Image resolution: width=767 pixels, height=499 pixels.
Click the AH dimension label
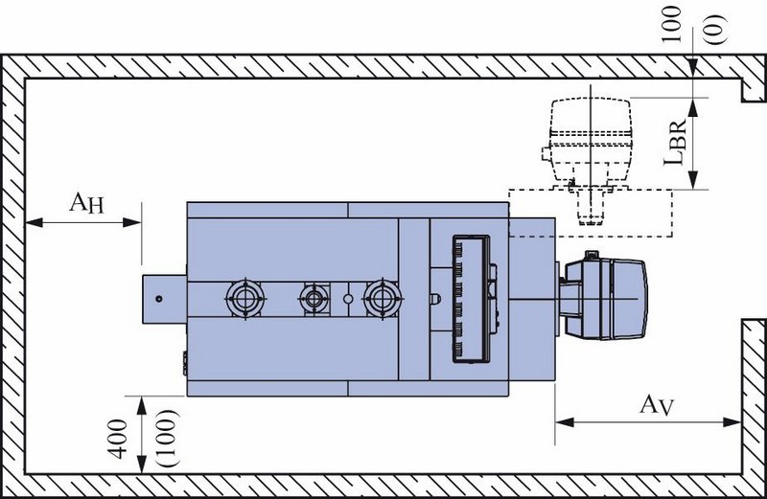point(87,202)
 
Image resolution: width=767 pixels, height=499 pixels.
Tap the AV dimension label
point(657,405)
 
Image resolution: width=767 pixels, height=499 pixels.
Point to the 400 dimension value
point(118,440)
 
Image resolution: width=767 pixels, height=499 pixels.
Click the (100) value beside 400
point(170,439)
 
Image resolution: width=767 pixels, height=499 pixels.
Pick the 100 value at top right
point(670,25)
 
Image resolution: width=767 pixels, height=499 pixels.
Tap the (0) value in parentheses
point(715,30)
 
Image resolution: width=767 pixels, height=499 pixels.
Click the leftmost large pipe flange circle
point(245,298)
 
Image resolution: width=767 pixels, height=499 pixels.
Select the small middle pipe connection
point(314,298)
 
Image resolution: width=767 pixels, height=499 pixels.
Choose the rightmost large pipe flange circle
point(382,298)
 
